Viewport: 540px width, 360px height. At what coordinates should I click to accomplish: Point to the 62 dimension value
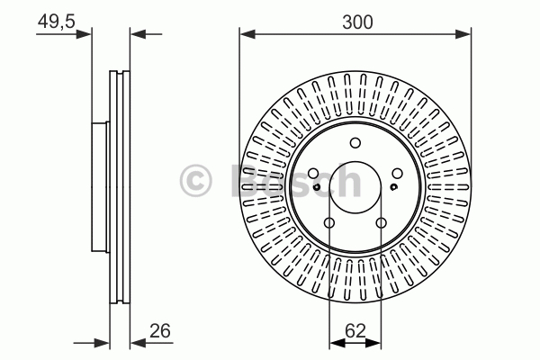pos(355,330)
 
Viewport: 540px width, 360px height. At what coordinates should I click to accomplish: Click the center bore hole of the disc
pos(355,184)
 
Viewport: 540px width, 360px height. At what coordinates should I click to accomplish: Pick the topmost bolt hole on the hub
pos(355,142)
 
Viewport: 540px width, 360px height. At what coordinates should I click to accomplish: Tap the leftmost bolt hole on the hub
pos(312,174)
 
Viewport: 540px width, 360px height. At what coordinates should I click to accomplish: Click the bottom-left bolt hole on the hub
pos(328,222)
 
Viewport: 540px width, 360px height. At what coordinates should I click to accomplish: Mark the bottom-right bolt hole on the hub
pos(381,222)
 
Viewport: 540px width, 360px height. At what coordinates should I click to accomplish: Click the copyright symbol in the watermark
pos(195,179)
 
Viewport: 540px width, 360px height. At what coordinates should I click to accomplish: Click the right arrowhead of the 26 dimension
pos(136,342)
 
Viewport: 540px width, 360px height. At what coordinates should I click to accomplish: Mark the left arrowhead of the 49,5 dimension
pos(87,35)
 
